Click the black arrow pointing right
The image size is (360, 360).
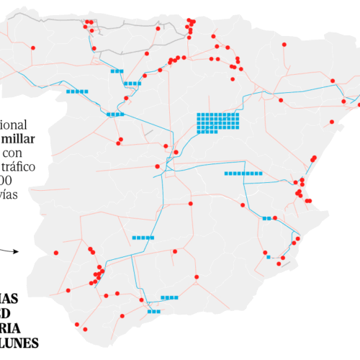9,251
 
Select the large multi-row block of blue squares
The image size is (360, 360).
217,122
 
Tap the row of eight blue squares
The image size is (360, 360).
243,174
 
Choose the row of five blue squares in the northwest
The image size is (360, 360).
77,91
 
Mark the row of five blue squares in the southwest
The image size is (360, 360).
143,237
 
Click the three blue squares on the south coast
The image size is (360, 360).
153,312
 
